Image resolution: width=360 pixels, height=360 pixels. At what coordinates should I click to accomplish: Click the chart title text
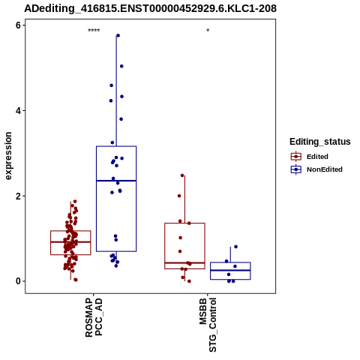pyautogui.click(x=150, y=9)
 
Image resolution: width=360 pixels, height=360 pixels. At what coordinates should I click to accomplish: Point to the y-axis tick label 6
pyautogui.click(x=19, y=25)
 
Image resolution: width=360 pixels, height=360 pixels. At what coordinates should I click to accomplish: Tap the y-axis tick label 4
pyautogui.click(x=19, y=111)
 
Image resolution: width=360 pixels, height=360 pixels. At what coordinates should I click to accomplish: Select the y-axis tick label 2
pyautogui.click(x=19, y=196)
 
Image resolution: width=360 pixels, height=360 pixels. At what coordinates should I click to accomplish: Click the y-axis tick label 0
pyautogui.click(x=19, y=281)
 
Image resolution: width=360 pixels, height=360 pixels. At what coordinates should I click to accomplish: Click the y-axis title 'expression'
pyautogui.click(x=8, y=156)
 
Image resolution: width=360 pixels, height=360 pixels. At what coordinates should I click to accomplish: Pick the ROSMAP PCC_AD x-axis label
pyautogui.click(x=94, y=317)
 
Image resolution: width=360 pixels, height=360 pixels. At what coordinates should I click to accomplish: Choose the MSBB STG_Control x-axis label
pyautogui.click(x=208, y=325)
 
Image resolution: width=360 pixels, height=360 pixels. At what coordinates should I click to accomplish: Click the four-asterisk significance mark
pyautogui.click(x=94, y=31)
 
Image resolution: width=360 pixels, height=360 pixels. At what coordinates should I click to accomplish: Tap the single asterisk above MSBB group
pyautogui.click(x=208, y=31)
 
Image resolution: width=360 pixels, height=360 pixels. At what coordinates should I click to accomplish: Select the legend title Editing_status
pyautogui.click(x=319, y=142)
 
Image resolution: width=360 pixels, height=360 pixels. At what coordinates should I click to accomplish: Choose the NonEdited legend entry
pyautogui.click(x=316, y=169)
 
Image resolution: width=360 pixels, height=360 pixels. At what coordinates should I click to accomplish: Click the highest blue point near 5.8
pyautogui.click(x=118, y=35)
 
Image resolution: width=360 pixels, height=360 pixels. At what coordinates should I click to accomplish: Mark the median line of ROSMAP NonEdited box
pyautogui.click(x=116, y=181)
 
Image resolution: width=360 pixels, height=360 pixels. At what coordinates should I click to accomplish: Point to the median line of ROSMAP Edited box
pyautogui.click(x=70, y=241)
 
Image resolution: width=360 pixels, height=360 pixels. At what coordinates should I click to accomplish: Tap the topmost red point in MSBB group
pyautogui.click(x=182, y=175)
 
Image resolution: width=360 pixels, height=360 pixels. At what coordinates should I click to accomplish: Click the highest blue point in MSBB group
pyautogui.click(x=235, y=247)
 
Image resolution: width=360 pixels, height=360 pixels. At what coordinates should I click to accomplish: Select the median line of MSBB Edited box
pyautogui.click(x=184, y=262)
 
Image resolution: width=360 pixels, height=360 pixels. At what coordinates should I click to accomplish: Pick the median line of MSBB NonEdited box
pyautogui.click(x=230, y=270)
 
